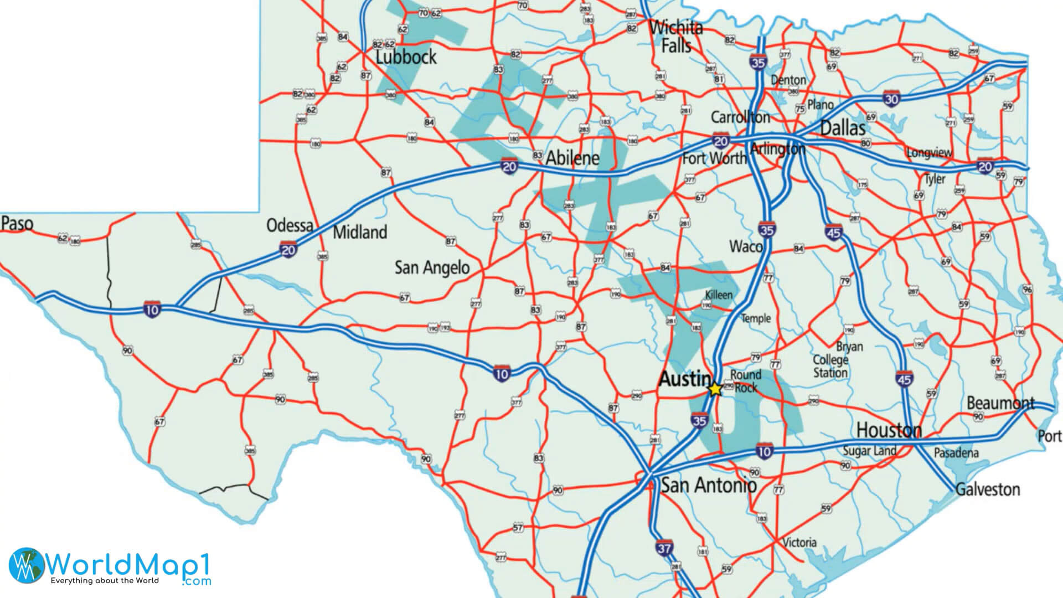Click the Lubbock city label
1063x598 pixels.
406,57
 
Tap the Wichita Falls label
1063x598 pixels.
676,37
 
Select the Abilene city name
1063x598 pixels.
572,158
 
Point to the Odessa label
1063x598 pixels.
290,225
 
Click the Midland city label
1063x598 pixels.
360,232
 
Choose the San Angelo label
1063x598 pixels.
432,268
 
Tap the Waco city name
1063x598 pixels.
746,246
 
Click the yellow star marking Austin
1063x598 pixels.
715,389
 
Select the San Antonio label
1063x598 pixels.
709,486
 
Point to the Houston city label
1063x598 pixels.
889,430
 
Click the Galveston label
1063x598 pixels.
988,489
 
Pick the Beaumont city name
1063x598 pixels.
1000,403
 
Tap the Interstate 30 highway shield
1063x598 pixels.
891,98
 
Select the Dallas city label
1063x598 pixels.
842,128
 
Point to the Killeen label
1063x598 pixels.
719,295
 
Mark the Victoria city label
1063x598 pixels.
800,543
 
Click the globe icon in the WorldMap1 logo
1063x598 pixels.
25,565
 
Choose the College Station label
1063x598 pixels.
830,366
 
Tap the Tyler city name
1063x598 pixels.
935,179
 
